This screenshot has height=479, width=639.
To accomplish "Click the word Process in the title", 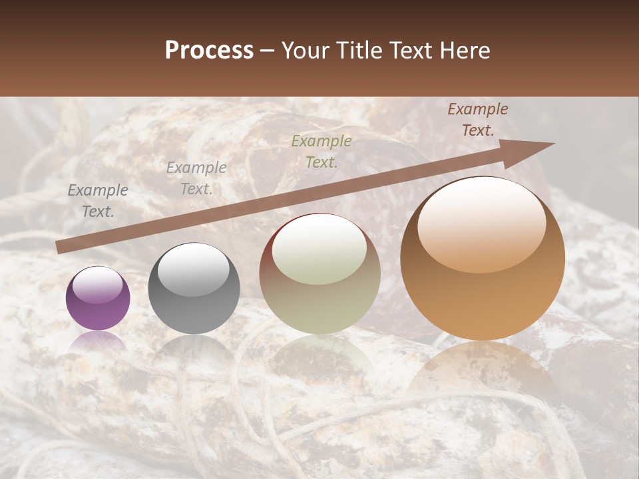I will pyautogui.click(x=209, y=51).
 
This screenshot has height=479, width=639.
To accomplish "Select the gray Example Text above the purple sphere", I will pyautogui.click(x=98, y=201).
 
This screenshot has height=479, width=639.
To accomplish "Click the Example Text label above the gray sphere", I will pyautogui.click(x=196, y=178).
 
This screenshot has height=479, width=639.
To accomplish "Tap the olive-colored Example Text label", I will pyautogui.click(x=321, y=151).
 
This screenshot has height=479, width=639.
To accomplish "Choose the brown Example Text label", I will pyautogui.click(x=478, y=120).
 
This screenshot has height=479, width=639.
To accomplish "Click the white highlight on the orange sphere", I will pyautogui.click(x=481, y=225).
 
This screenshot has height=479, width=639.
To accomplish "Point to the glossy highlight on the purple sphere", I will pyautogui.click(x=98, y=285).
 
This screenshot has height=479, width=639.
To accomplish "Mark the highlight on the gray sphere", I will pyautogui.click(x=193, y=269).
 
